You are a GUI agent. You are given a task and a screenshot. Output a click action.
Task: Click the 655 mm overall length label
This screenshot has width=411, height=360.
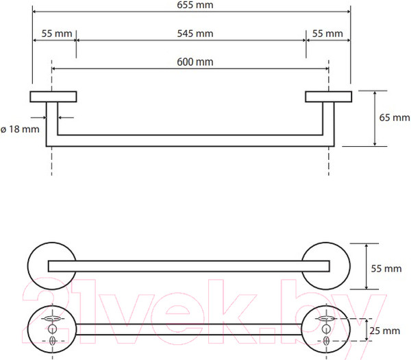[x=195, y=5]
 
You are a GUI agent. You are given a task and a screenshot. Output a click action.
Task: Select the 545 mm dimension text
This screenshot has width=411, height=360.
[x=195, y=34]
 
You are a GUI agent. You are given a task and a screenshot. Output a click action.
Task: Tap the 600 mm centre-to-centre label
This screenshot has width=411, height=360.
[x=195, y=62]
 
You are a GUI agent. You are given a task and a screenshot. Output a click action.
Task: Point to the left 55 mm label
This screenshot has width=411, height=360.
[x=57, y=34]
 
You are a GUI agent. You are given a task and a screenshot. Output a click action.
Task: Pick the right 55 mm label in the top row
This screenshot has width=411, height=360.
[x=327, y=34]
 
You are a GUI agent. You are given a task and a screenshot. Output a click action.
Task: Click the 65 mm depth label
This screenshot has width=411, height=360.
[x=395, y=117]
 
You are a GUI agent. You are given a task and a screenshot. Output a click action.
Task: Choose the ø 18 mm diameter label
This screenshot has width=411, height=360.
[x=20, y=130]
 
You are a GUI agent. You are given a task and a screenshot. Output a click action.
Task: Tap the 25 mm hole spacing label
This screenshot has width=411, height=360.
[x=385, y=331]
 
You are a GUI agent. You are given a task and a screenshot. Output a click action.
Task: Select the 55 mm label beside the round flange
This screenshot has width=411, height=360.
[x=386, y=269]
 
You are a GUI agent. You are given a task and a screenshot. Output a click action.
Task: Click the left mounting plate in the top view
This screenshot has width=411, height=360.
[x=53, y=97]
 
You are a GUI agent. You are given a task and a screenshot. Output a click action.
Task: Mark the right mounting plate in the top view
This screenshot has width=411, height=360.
[x=328, y=97]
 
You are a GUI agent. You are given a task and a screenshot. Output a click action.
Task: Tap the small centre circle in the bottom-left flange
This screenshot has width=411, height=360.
[x=52, y=329]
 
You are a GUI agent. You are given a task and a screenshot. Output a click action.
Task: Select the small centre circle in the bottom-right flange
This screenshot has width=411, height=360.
[x=326, y=329]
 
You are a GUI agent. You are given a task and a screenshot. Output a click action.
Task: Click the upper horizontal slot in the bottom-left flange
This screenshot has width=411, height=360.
[x=52, y=319]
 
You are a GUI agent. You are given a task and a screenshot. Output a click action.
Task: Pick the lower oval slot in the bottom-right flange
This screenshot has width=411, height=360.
[x=326, y=341]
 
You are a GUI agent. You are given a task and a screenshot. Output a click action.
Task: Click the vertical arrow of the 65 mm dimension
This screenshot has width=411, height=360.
[x=375, y=119]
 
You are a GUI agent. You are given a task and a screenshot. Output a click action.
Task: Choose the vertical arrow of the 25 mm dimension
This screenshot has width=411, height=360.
[x=366, y=330]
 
